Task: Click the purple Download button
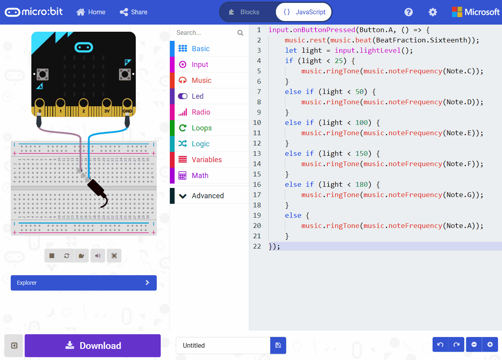coord(92,346)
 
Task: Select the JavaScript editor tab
coord(304,12)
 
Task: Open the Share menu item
coord(134,12)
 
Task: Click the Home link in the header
coord(91,12)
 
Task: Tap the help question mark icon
coord(408,12)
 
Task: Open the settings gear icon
coord(433,12)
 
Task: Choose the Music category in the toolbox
coord(201,80)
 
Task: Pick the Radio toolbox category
coord(201,112)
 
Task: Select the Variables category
coord(206,160)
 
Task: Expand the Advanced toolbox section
coord(207,196)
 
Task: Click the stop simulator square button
coord(52,256)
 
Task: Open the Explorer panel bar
coord(84,283)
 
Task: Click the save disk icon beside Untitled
coord(278,345)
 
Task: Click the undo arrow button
coord(440,345)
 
